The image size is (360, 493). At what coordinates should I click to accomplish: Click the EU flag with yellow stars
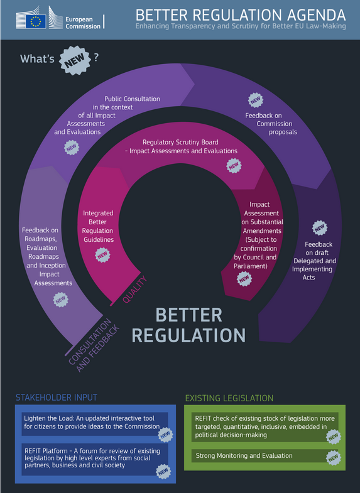36,21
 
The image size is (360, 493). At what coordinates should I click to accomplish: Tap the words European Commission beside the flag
83,23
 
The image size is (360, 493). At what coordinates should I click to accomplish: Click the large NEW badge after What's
75,60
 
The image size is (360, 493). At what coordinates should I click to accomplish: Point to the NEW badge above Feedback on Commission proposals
256,100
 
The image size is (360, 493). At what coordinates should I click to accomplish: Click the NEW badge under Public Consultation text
72,148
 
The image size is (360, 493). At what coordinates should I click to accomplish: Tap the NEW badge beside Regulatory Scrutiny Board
234,166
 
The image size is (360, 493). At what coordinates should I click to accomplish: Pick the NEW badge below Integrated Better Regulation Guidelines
103,255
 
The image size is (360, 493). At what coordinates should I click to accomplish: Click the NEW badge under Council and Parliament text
244,279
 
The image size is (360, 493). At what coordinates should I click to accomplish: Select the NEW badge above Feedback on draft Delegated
320,227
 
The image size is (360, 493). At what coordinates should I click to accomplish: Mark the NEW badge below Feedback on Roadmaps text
61,300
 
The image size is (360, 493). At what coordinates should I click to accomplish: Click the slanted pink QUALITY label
134,290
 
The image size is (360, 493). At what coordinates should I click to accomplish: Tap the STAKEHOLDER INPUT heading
57,398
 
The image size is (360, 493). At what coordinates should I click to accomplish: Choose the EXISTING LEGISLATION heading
229,398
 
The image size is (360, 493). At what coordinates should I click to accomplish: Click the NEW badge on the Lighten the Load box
165,435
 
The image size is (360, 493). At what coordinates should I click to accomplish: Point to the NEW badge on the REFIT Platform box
163,471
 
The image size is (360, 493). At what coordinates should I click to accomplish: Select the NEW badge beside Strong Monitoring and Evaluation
334,458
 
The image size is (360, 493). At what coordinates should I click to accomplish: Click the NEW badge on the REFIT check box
334,436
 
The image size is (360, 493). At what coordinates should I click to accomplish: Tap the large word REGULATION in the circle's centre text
188,335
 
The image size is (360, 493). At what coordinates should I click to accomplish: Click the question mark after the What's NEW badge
96,57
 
